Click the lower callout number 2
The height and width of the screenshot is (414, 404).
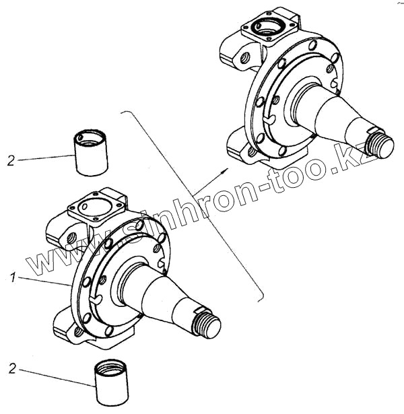(x=11, y=368)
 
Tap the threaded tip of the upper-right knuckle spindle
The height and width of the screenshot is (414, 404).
(x=382, y=144)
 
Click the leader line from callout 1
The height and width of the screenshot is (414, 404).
(x=44, y=282)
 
